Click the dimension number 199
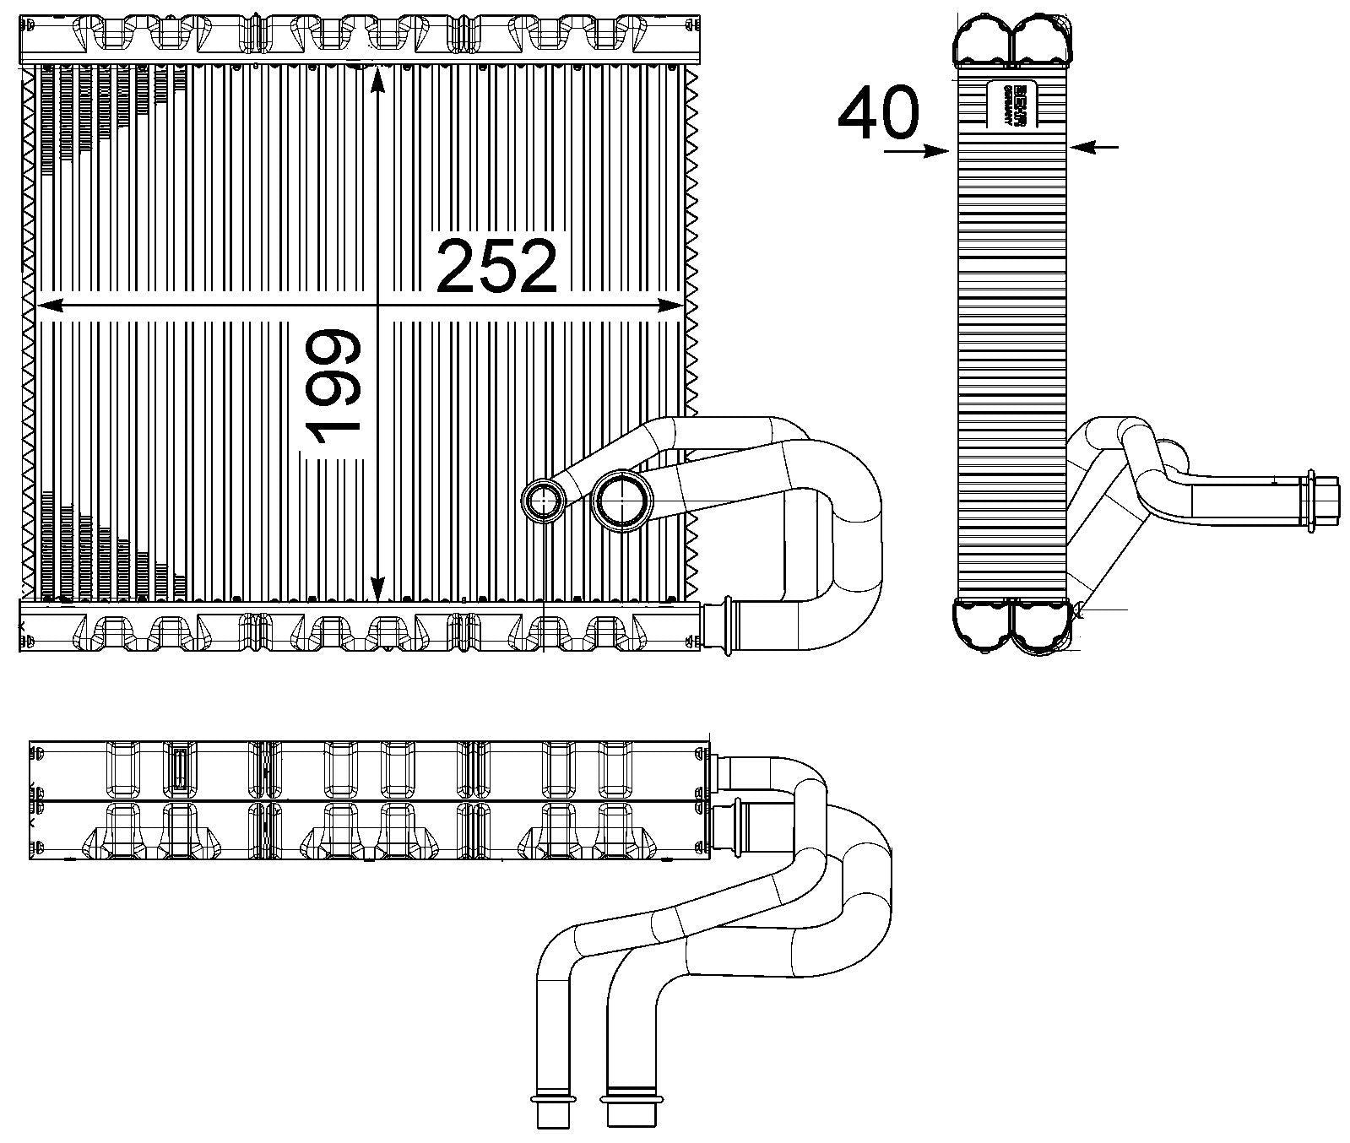(336, 387)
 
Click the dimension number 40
(877, 114)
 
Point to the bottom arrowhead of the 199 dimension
(377, 588)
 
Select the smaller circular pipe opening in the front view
(545, 502)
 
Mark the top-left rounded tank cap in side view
(983, 38)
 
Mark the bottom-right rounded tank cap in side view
(1042, 626)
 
